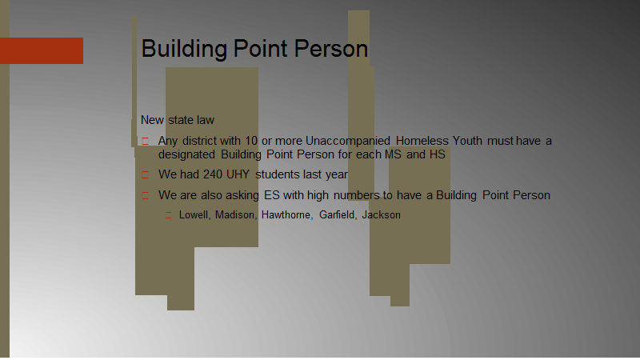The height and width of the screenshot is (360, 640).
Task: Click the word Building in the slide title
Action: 184,50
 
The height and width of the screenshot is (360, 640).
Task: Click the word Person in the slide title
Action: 331,49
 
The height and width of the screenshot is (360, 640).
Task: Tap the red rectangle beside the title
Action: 42,50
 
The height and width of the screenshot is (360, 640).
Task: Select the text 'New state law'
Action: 178,120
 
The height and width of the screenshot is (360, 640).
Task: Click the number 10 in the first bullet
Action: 251,141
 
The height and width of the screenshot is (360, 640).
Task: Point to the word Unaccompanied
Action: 348,142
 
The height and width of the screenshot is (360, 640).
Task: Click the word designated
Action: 186,154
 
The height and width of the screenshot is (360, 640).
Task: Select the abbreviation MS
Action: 393,154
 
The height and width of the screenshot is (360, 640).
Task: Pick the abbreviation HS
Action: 437,154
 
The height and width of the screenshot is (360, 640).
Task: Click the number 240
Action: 213,174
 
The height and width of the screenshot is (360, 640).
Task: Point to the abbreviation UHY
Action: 238,174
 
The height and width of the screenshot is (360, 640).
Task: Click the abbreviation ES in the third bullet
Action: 272,195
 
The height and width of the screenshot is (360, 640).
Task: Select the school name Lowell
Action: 194,215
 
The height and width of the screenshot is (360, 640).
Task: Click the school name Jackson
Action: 382,215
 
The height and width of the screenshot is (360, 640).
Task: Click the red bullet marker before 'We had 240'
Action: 146,175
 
